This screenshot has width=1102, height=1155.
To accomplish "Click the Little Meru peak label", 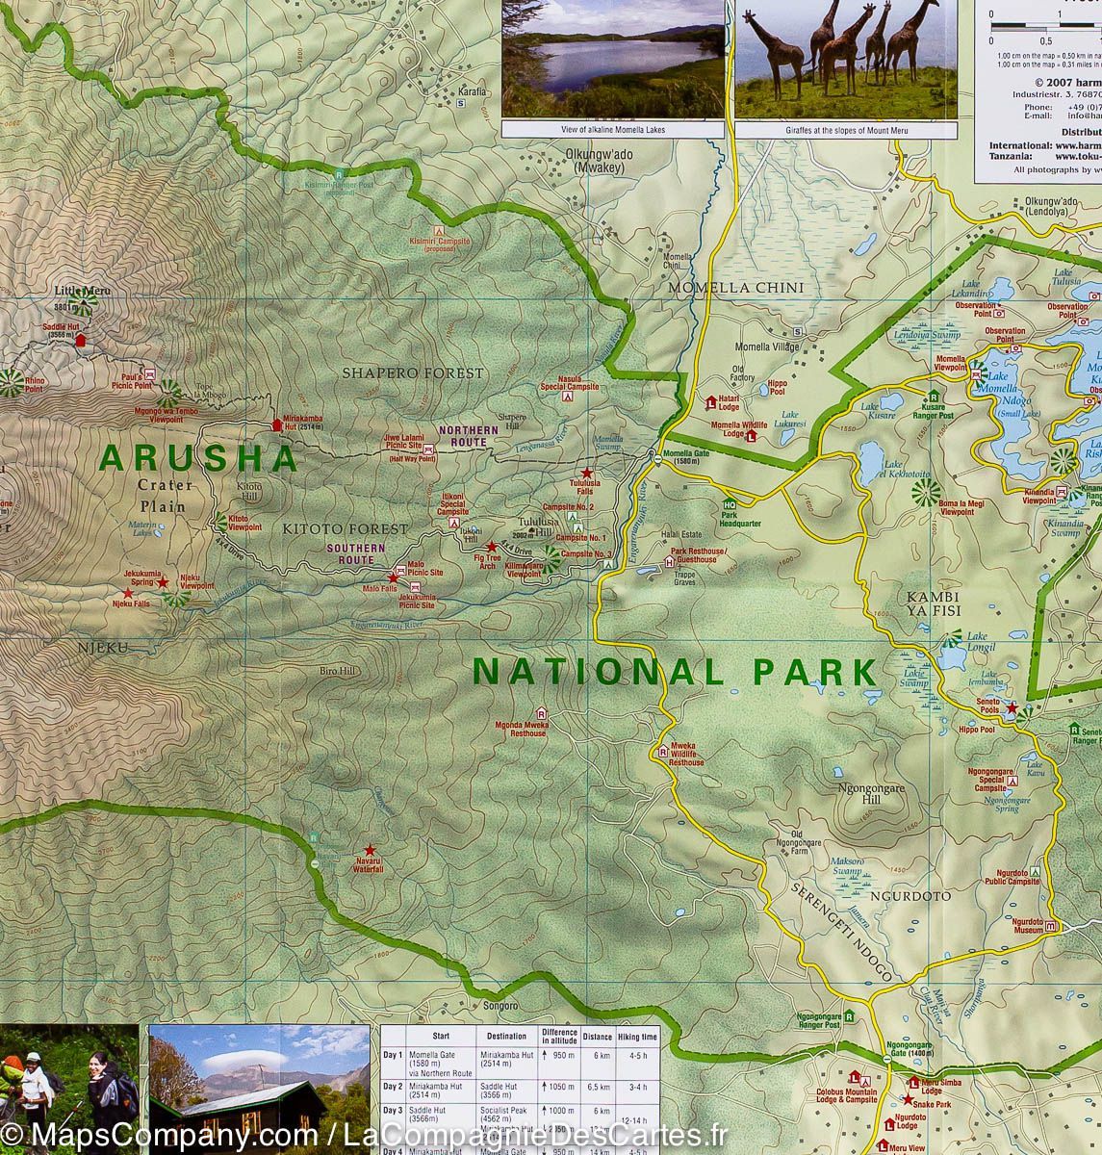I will click(x=82, y=291).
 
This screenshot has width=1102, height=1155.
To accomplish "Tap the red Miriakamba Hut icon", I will click(x=277, y=423).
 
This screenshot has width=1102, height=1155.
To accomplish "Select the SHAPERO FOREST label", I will click(x=412, y=372).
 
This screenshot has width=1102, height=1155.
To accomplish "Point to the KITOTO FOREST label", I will click(x=345, y=529).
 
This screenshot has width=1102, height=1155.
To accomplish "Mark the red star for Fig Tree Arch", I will click(x=491, y=547).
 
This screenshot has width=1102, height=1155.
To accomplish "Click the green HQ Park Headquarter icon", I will click(x=730, y=504).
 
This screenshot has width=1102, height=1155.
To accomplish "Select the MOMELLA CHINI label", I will click(x=749, y=288).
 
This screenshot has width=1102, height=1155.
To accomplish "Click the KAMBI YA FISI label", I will click(x=933, y=603).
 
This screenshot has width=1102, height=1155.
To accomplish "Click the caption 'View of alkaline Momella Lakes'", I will click(x=613, y=129).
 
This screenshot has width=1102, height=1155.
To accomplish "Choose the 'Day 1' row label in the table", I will click(x=393, y=1056).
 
